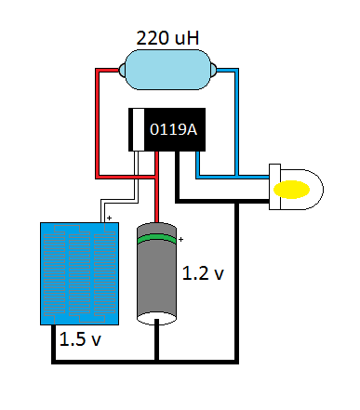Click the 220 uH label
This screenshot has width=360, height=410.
(x=167, y=39)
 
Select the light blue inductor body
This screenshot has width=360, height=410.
(x=167, y=71)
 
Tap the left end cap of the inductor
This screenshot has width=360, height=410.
(x=120, y=71)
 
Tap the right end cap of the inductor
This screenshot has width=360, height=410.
(x=215, y=71)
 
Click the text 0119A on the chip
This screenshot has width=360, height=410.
(x=173, y=129)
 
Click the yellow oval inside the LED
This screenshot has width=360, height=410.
(x=292, y=189)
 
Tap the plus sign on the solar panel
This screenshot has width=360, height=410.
(x=109, y=219)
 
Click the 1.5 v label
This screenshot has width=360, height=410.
(x=79, y=339)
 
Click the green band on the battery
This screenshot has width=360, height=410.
(x=158, y=242)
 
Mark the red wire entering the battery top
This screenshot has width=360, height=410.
(x=158, y=186)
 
